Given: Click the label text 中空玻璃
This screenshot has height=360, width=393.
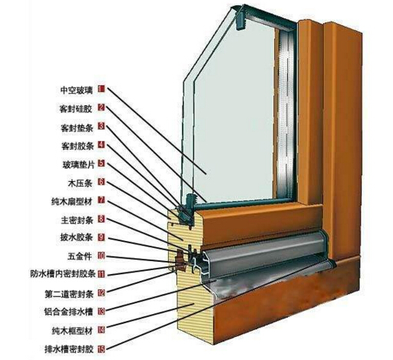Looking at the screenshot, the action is coord(77,90).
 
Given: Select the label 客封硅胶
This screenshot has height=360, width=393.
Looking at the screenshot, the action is coord(75,109).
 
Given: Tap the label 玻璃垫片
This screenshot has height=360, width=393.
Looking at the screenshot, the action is coord(78,164).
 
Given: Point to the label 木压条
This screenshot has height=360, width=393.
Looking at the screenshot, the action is coord(80,183).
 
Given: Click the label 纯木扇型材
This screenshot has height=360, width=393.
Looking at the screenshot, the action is coord(71,202).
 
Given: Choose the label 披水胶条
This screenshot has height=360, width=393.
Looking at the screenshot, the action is coord(76,237).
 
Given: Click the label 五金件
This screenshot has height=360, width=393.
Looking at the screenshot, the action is coord(80,256).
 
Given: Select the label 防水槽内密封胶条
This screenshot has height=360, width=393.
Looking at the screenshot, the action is coord(63,274).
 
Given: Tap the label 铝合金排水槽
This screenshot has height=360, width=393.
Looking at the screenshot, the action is coord(68,312).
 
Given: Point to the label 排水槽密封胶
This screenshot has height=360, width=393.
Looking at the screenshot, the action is coord(69,349).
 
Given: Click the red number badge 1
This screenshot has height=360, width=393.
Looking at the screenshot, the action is coord(101,89).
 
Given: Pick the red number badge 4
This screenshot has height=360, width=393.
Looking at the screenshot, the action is coord(101,145).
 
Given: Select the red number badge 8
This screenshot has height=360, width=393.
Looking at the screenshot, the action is coord(101,219).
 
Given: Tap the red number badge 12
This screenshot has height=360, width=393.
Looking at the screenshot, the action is coord(101,292).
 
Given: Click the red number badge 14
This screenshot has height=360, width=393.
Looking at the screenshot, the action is coord(101,330).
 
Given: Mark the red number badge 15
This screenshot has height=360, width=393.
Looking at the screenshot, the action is coord(101,349).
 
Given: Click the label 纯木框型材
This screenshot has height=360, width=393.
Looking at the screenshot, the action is coord(72,331).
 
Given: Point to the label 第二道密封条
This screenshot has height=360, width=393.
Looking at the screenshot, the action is coord(69,294).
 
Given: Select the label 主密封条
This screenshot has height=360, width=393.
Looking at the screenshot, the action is coord(77,220).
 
